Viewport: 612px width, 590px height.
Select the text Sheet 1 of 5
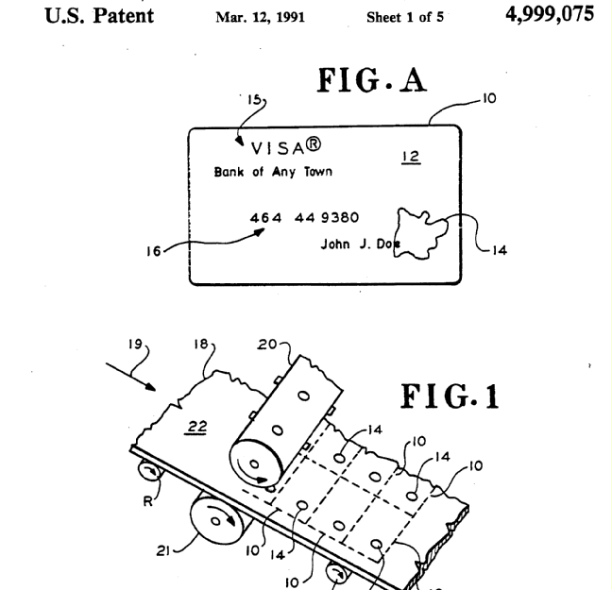(404, 17)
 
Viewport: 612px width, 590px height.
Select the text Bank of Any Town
(273, 172)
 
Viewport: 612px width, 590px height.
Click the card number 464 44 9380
(304, 218)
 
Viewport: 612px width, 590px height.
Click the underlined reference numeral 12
(411, 158)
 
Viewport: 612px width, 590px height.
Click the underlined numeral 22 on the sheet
(196, 427)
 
